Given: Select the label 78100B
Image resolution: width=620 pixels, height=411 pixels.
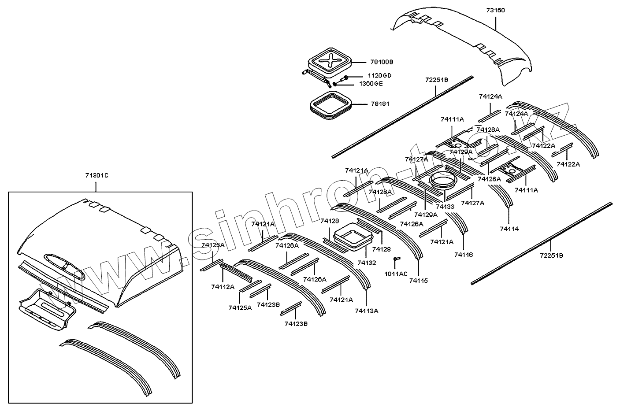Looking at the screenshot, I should click(382, 62).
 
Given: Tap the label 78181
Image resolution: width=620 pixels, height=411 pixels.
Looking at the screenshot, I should click(380, 104).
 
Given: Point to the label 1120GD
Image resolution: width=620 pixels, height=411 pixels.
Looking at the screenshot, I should click(379, 76).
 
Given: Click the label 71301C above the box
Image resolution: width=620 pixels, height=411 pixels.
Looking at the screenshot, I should click(97, 176).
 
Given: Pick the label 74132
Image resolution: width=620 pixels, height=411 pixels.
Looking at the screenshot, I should click(367, 263).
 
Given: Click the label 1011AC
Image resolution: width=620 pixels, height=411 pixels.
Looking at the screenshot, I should click(396, 274).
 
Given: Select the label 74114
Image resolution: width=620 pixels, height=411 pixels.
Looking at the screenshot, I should click(509, 229).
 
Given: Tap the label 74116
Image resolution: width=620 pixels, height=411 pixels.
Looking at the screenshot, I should click(464, 255).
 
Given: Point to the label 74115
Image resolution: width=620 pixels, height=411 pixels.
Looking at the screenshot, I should click(418, 281).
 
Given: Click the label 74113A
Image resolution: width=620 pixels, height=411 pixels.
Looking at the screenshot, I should click(367, 311).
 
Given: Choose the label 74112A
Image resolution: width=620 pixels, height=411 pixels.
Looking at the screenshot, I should click(223, 287).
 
